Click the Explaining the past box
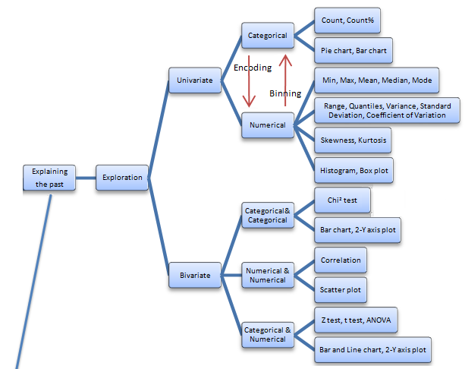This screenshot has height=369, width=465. click(49, 178)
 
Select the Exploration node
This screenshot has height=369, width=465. click(122, 178)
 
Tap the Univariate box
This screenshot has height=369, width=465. click(195, 80)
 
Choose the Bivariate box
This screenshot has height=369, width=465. click(195, 275)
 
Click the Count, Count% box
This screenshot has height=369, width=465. click(347, 20)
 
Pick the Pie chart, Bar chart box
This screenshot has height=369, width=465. click(353, 50)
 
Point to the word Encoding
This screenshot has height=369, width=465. click(253, 68)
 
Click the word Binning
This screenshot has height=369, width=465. click(285, 93)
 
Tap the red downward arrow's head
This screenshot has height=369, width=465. click(249, 101)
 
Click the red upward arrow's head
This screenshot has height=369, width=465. click(285, 60)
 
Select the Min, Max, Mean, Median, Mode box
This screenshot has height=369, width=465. click(376, 80)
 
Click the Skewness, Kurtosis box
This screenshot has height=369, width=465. click(353, 140)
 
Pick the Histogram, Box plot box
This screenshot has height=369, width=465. click(353, 170)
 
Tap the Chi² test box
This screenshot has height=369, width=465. click(342, 200)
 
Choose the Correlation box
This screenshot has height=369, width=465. click(341, 260)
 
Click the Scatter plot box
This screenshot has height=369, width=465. click(341, 290)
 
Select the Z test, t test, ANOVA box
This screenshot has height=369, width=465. click(356, 320)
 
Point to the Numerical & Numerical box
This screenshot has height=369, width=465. click(268, 275)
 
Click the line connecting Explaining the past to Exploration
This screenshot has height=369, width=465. click(86, 178)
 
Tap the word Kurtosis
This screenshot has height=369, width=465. click(372, 140)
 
